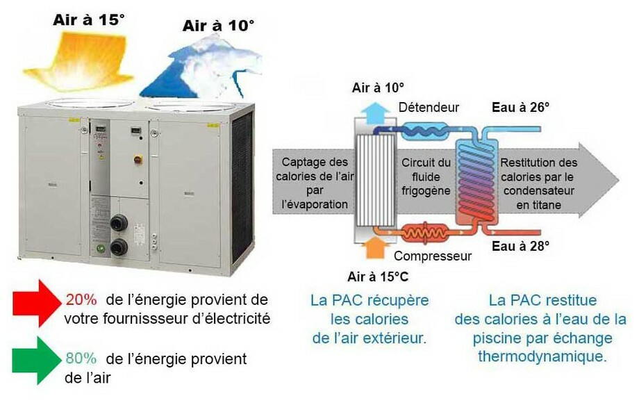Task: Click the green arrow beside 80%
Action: click(x=35, y=360)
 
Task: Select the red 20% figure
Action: click(x=81, y=300)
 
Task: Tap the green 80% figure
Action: click(x=81, y=358)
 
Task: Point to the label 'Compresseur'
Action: click(x=433, y=256)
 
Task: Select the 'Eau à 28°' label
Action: click(x=521, y=245)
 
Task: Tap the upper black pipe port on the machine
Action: click(x=119, y=223)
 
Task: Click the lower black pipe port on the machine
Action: click(x=119, y=247)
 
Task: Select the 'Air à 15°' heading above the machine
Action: click(x=89, y=19)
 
